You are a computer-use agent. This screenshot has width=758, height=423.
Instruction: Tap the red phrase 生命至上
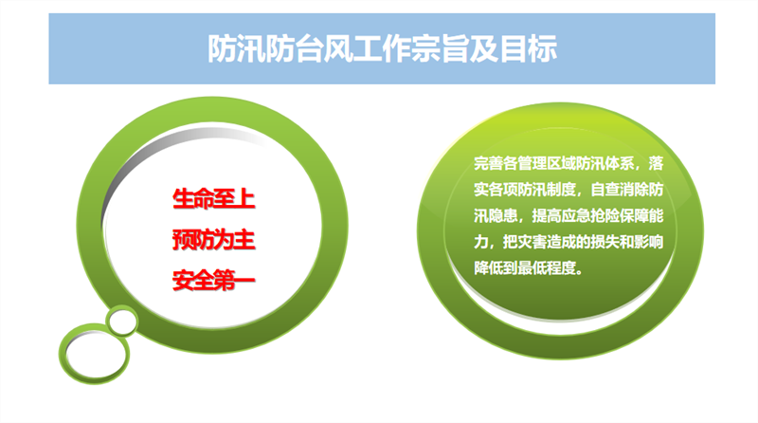pyautogui.click(x=214, y=199)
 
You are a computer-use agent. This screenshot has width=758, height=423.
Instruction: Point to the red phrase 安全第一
pyautogui.click(x=214, y=281)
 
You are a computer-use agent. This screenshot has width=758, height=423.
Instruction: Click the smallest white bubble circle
pyautogui.click(x=122, y=321)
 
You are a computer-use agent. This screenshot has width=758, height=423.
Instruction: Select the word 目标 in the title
pyautogui.click(x=529, y=48)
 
